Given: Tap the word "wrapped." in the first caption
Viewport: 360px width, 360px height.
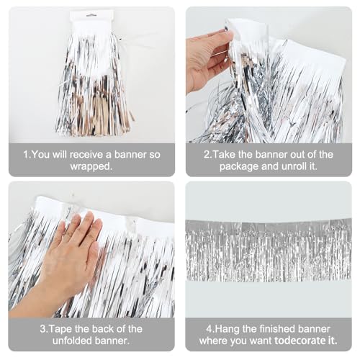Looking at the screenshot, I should (91, 167).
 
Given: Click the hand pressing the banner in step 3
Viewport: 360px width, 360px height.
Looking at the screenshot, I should (68, 252).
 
